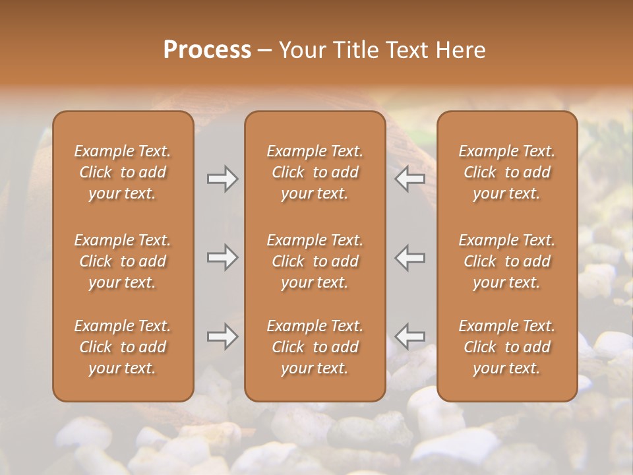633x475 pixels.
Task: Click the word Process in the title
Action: coord(207,50)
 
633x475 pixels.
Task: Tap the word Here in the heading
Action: coord(460,50)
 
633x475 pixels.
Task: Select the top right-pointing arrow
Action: coord(223,178)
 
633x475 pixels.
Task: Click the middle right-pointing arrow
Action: coord(223,257)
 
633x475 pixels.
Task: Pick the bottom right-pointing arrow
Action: coord(223,336)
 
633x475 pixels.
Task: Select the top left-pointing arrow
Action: coord(410,178)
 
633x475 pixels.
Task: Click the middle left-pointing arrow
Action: coord(410,257)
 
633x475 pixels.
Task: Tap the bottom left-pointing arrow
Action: coord(410,336)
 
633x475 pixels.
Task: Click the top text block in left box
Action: coord(123,172)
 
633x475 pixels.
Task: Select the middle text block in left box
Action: coord(123,261)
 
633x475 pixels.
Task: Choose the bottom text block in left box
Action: coord(123,347)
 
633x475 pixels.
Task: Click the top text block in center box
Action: coord(315,172)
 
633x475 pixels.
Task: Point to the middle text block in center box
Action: coord(315,261)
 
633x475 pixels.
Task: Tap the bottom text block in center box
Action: coord(315,347)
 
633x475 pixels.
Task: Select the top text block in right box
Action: coord(507,172)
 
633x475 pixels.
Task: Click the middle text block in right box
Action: coord(507,261)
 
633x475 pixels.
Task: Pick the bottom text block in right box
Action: coord(507,347)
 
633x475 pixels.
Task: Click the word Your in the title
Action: coord(303,50)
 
